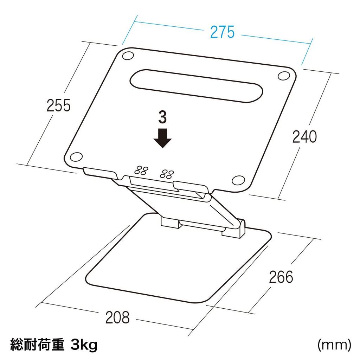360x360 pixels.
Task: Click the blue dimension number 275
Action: [222, 32]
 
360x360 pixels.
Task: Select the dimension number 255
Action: [59, 105]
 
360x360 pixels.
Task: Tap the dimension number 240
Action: [304, 137]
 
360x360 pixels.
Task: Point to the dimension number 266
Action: [281, 277]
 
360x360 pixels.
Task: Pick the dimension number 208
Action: [117, 318]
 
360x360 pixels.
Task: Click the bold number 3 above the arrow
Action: [162, 118]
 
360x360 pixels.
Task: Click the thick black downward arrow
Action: [162, 139]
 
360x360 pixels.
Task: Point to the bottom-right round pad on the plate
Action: [238, 180]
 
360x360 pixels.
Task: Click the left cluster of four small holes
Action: [141, 170]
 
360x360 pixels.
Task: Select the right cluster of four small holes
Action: [167, 174]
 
